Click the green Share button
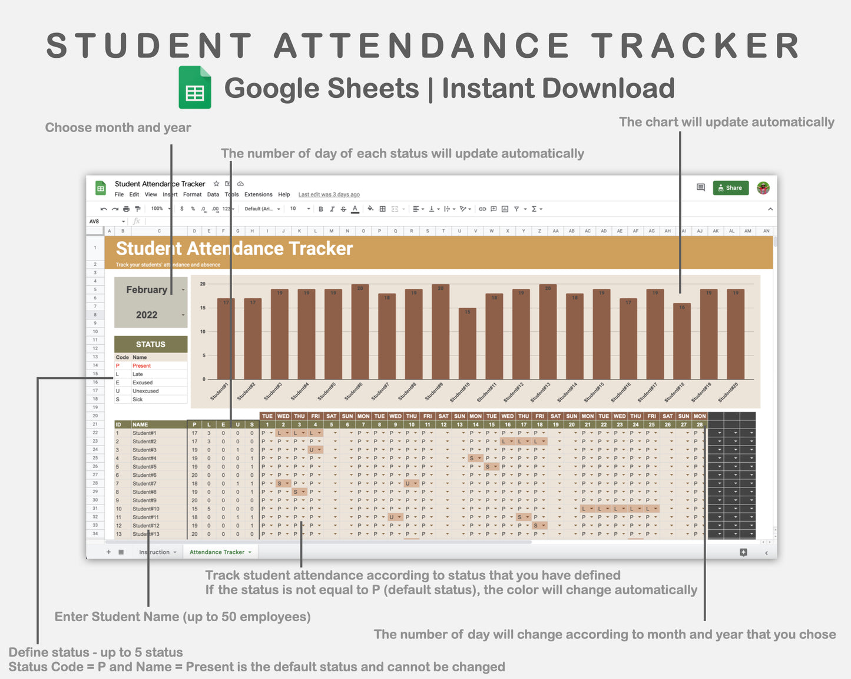[730, 188]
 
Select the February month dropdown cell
[147, 290]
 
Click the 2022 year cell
[147, 315]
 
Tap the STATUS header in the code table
[151, 344]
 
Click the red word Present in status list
[141, 366]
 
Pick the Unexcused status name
[145, 391]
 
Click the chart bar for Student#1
[226, 338]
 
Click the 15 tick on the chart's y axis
[203, 308]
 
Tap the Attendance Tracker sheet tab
[217, 552]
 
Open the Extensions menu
[258, 195]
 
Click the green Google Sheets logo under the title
[195, 88]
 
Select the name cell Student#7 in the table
[144, 483]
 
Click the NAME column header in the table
[140, 424]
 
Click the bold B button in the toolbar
[321, 209]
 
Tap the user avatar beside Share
[763, 188]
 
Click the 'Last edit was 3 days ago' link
[329, 195]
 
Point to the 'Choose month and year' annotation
[118, 128]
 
